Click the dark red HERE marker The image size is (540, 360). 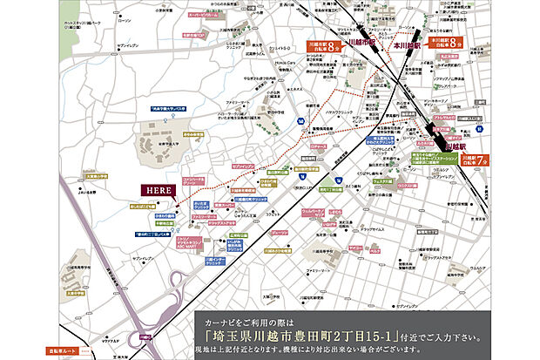coord(156,189)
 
